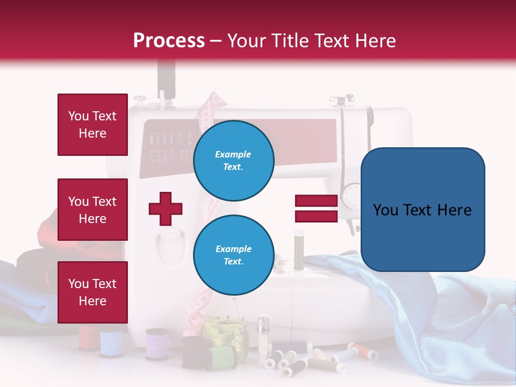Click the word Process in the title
coord(169,41)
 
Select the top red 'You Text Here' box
coord(92,125)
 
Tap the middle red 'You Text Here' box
coord(92,210)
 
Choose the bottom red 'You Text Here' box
coord(92,292)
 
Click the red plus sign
coord(166,209)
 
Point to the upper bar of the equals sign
coord(316,201)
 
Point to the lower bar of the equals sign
coord(316,216)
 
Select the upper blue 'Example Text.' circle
coord(233,160)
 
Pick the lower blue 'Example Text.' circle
coord(233,255)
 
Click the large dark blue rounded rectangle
coord(422,210)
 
